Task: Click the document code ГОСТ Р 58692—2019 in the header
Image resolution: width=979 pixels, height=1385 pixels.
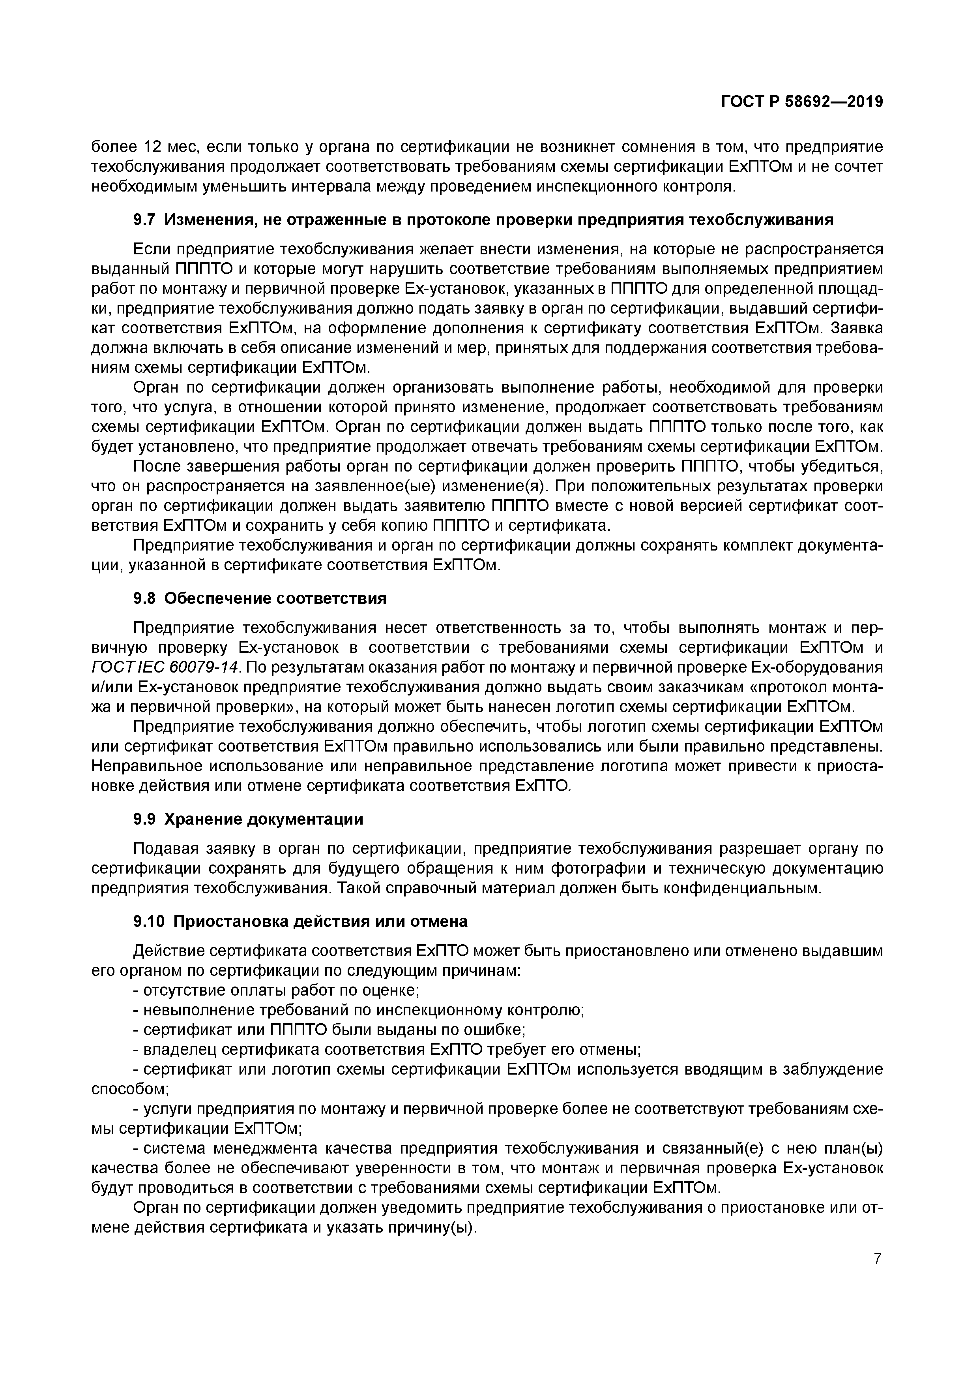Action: (x=802, y=102)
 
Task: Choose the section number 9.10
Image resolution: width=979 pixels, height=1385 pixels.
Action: (x=149, y=922)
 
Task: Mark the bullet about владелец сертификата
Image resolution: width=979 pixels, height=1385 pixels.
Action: (x=386, y=1050)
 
